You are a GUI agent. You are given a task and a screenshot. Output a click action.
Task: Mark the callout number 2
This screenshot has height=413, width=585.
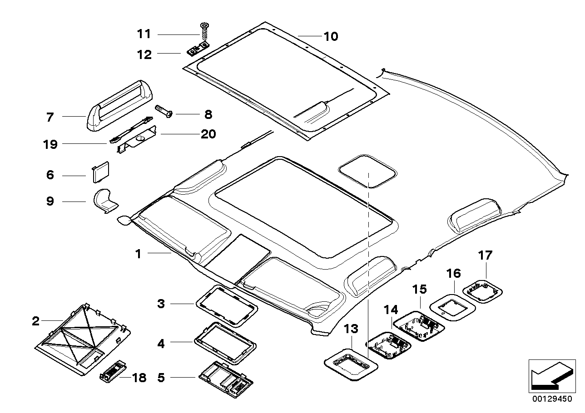click(x=36, y=322)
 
